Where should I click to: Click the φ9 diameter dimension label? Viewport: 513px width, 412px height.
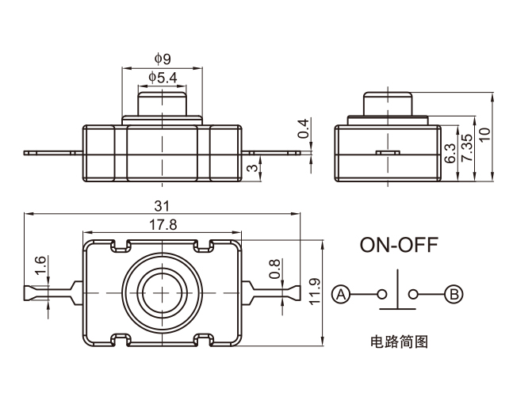pos(163,58)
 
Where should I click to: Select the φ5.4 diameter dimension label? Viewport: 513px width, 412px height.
pos(163,77)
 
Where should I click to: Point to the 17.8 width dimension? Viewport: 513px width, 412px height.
pos(163,224)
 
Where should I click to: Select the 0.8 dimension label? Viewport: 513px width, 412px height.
pos(274,269)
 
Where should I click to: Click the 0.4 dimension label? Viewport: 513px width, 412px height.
pos(302,129)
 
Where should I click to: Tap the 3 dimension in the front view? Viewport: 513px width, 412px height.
pos(252,167)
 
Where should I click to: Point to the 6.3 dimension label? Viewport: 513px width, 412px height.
pos(450,154)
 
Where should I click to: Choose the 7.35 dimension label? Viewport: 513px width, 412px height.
pos(467,148)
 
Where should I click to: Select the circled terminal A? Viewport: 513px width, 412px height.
pos(341,295)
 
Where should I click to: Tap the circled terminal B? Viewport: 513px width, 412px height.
pos(454,295)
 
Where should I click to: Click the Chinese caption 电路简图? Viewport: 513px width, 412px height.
pos(399,342)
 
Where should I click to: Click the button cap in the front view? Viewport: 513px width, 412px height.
pos(163,104)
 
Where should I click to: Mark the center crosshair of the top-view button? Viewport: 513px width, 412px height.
pos(163,292)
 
